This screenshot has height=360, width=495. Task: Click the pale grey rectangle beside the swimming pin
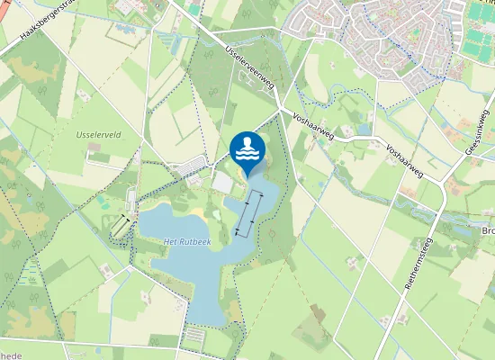[x=222, y=181]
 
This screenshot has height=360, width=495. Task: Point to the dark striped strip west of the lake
[x=120, y=228]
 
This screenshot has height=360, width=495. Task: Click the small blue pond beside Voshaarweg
[x=364, y=130]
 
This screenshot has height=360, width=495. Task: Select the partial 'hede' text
[x=9, y=355]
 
